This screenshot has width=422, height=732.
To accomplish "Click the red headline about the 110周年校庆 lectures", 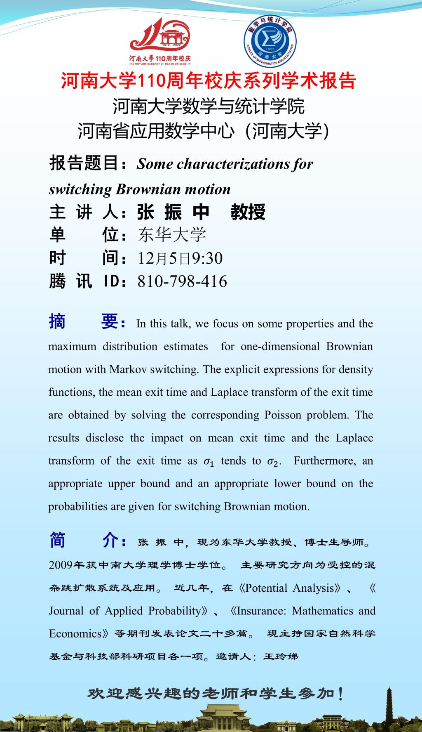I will tap(208, 81).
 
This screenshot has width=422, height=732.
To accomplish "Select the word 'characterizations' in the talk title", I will tap(233, 164).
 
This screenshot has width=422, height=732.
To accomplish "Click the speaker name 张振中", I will tap(173, 212).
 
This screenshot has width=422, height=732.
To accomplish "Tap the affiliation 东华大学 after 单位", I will tap(172, 235).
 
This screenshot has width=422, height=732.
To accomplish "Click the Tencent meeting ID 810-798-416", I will tap(182, 281).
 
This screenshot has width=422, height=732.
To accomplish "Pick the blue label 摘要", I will tap(87, 322).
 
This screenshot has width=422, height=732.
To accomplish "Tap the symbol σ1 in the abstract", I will tap(209, 461).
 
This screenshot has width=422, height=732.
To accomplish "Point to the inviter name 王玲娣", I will tap(280, 656).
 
